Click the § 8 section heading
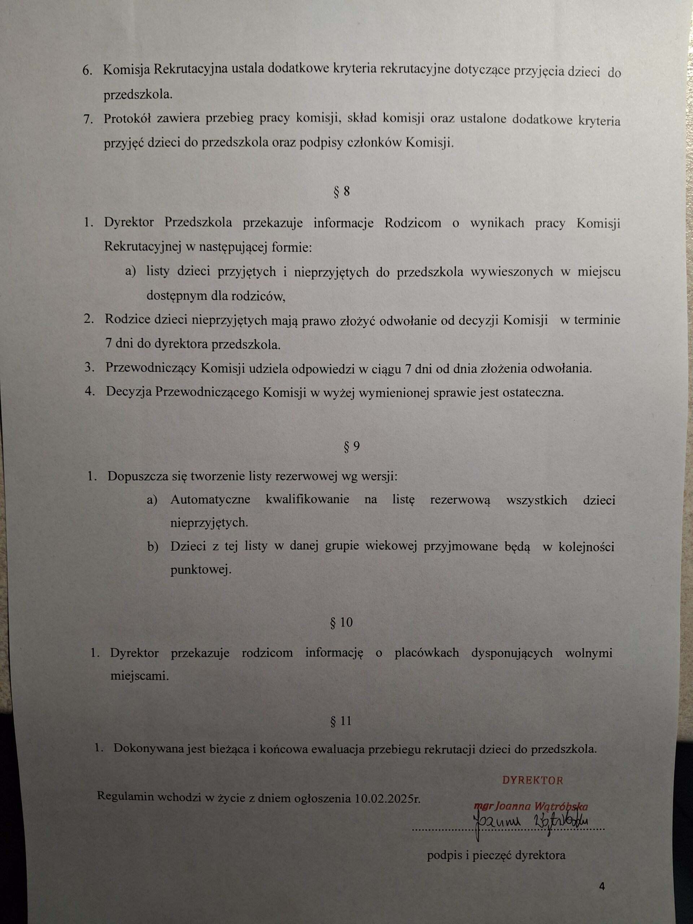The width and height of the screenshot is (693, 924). click(x=341, y=192)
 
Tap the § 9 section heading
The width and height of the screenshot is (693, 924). click(x=351, y=446)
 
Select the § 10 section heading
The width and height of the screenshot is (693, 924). click(x=341, y=622)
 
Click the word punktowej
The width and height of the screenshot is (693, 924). click(x=201, y=570)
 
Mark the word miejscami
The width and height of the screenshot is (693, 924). click(x=140, y=675)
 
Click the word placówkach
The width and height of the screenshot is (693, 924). click(x=427, y=653)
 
